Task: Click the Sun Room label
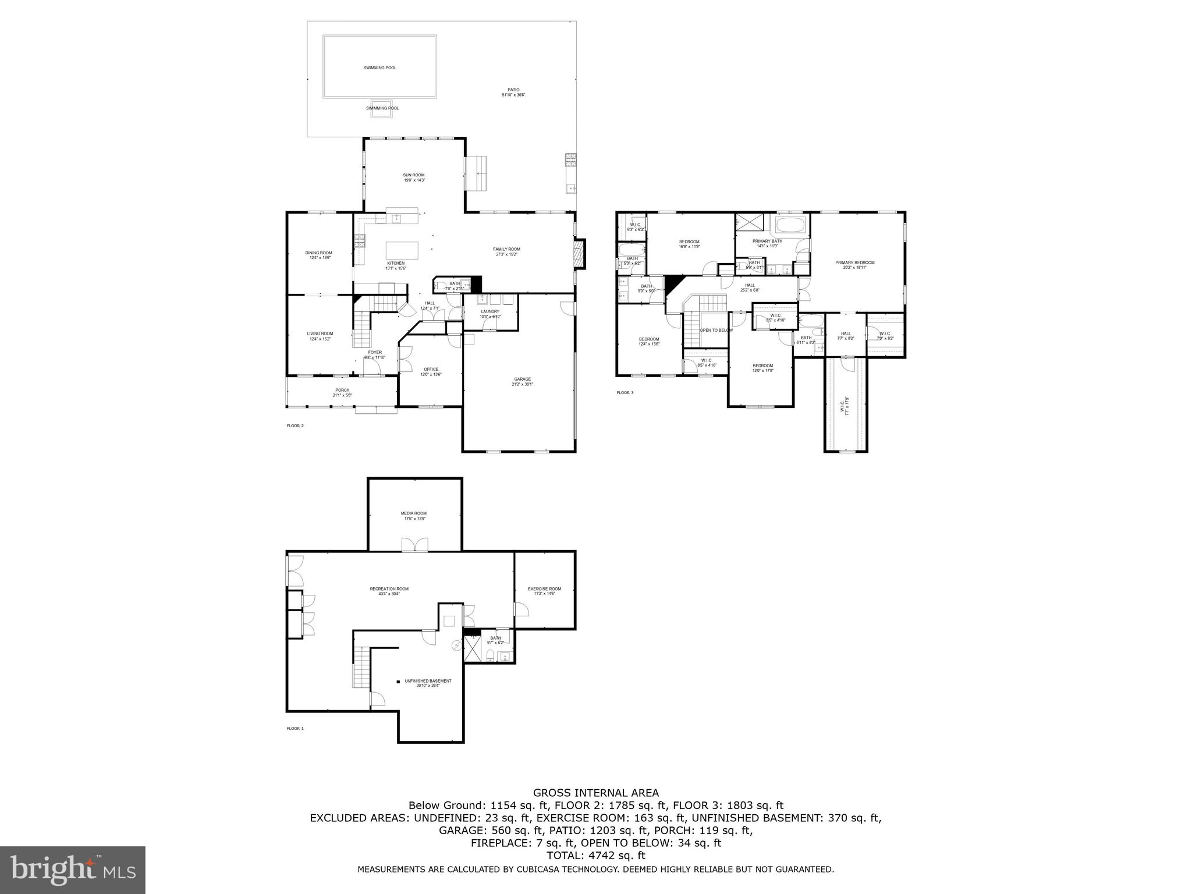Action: [414, 175]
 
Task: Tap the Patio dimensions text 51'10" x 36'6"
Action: [513, 95]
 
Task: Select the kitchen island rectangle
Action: [402, 251]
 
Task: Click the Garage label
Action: [522, 379]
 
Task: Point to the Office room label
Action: [431, 369]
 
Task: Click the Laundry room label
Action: [490, 311]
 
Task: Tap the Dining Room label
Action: [318, 253]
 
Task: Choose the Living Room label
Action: [320, 334]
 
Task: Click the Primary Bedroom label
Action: [854, 262]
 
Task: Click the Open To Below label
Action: [716, 330]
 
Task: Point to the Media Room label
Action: [413, 513]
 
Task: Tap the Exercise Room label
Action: [544, 588]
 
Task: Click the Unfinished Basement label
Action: [428, 680]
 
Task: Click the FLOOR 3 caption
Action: [625, 392]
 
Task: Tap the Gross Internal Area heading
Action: [596, 793]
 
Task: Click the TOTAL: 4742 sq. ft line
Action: [596, 856]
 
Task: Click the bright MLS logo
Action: [73, 870]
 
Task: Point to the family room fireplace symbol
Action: [578, 254]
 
